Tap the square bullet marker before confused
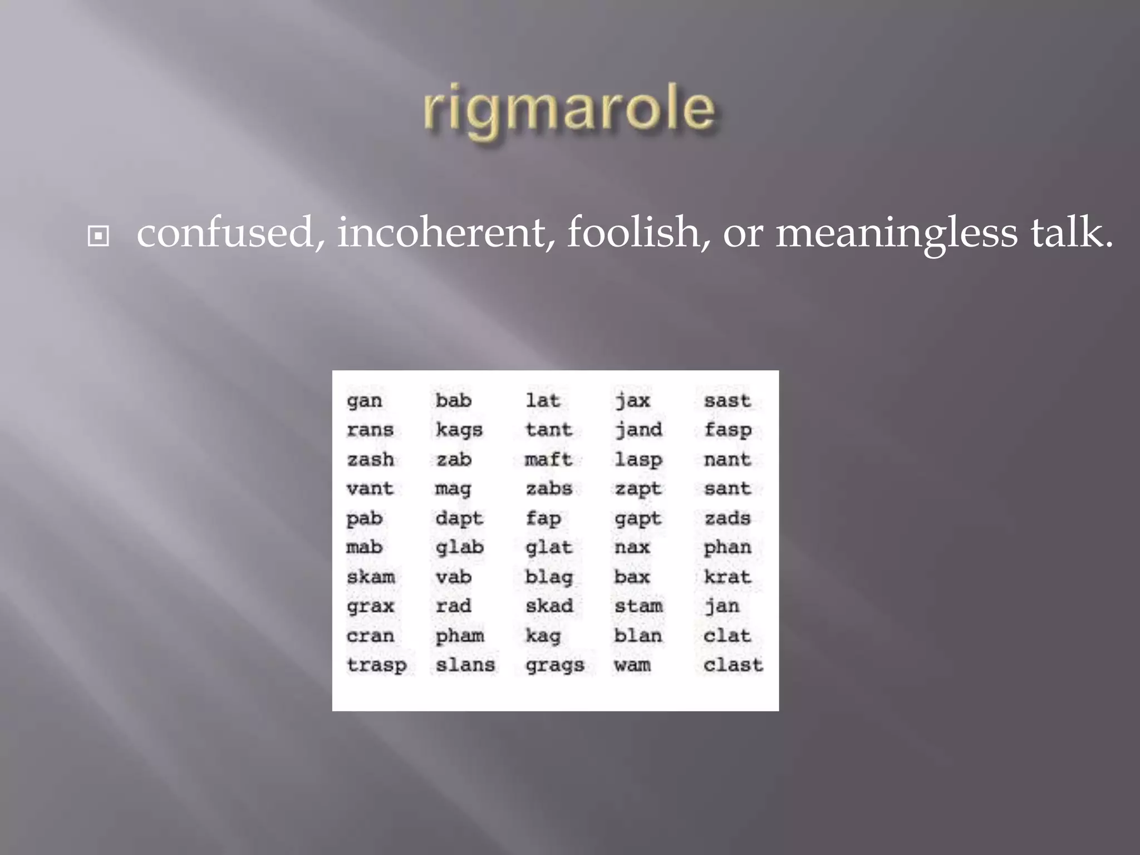click(99, 237)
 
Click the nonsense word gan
click(364, 401)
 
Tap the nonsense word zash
click(370, 460)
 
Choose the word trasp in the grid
click(376, 665)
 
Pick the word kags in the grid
click(459, 430)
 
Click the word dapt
click(459, 519)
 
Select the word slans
click(465, 665)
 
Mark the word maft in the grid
click(548, 460)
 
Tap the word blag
click(549, 577)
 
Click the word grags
click(555, 665)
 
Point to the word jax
click(633, 401)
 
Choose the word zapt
click(638, 489)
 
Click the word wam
click(632, 665)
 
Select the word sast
click(728, 401)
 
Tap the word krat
click(728, 577)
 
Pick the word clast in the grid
click(733, 665)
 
